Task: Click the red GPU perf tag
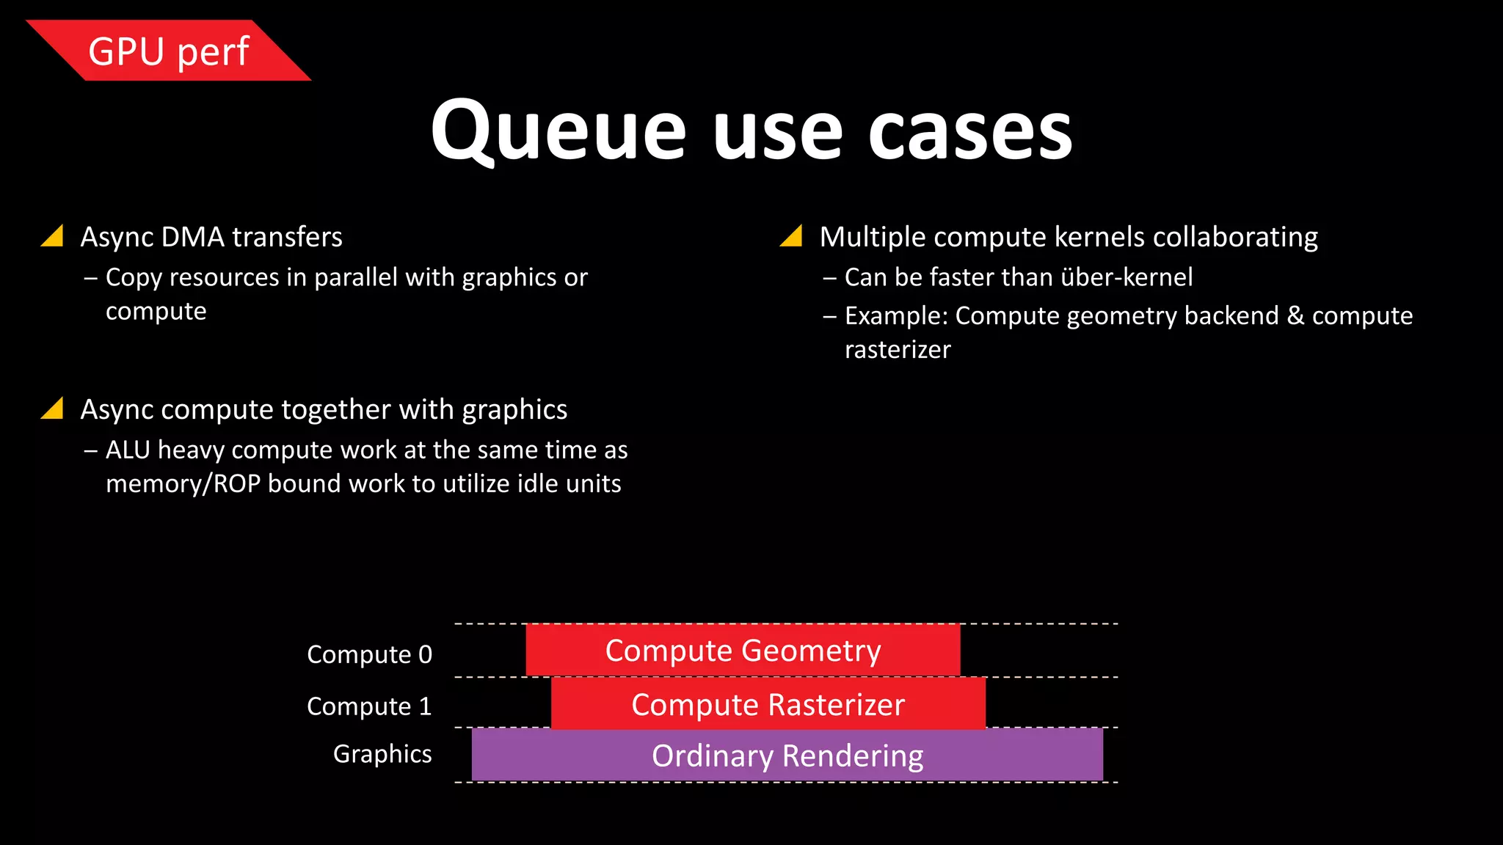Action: (x=169, y=51)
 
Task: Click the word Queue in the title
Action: (x=558, y=132)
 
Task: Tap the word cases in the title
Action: (x=970, y=132)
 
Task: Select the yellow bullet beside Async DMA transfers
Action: (x=54, y=236)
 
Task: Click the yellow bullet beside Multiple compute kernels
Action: (x=792, y=236)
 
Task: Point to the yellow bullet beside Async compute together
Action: (x=54, y=409)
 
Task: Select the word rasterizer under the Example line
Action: (x=897, y=350)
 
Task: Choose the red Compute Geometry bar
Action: (x=743, y=651)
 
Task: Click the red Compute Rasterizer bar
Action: (x=768, y=704)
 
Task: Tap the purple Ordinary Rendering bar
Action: (x=787, y=756)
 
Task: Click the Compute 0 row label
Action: (x=369, y=654)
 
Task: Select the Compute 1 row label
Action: (x=369, y=706)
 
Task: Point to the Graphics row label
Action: (x=382, y=754)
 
